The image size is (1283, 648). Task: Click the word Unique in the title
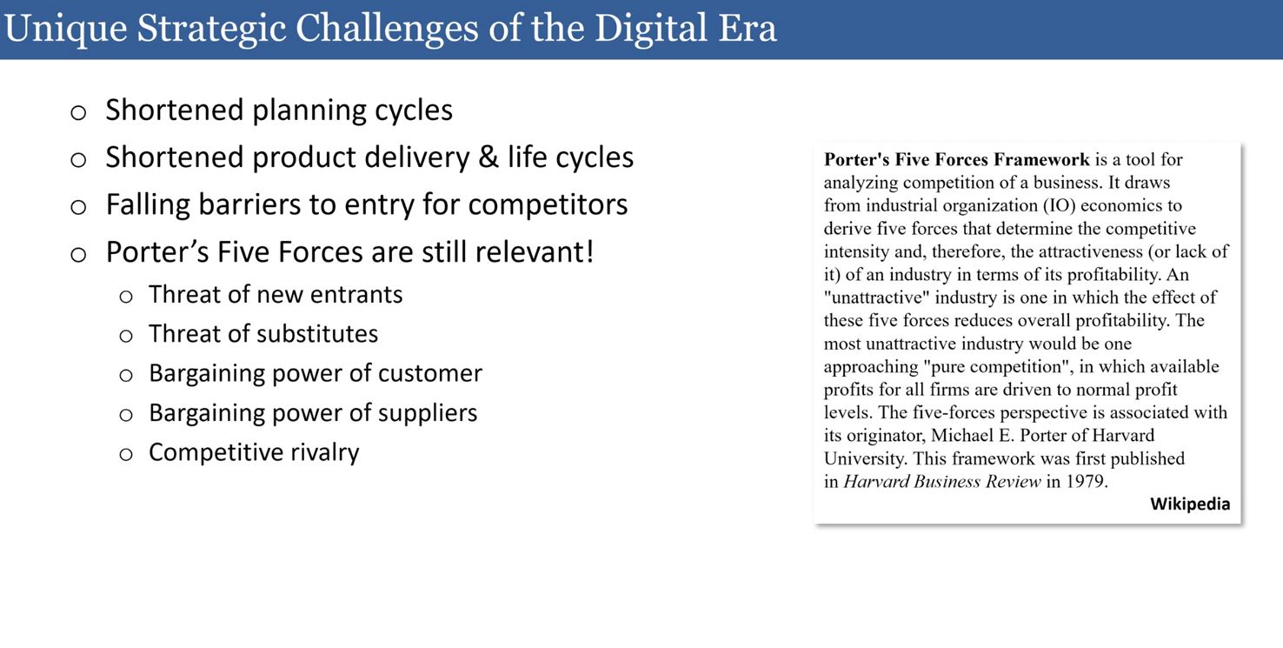pos(66,29)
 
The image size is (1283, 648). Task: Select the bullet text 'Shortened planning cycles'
pos(279,110)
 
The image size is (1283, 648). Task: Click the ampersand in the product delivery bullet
pos(488,157)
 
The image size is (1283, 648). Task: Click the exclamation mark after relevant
pos(588,251)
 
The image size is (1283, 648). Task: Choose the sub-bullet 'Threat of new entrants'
pos(276,295)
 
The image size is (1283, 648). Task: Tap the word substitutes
pos(311,333)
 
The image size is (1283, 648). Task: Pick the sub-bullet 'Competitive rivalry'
pos(254,452)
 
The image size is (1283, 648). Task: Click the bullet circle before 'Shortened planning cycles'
pos(78,112)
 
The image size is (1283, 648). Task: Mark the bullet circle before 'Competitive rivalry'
pos(126,455)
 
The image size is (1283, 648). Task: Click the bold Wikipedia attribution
pos(1190,504)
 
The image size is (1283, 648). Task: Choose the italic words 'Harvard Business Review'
pos(942,481)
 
